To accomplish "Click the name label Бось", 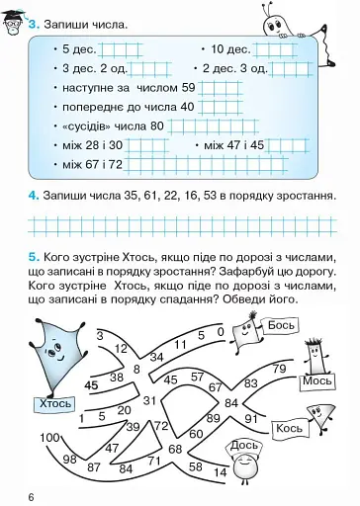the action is (x=281, y=324).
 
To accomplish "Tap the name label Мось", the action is (x=317, y=380).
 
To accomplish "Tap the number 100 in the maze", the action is (x=50, y=437).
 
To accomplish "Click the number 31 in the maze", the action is (x=150, y=400).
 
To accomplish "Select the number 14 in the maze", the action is (x=220, y=471).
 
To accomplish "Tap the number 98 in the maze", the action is (x=69, y=459).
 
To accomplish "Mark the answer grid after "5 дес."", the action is (x=115, y=49).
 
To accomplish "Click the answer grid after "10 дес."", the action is (x=273, y=49).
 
